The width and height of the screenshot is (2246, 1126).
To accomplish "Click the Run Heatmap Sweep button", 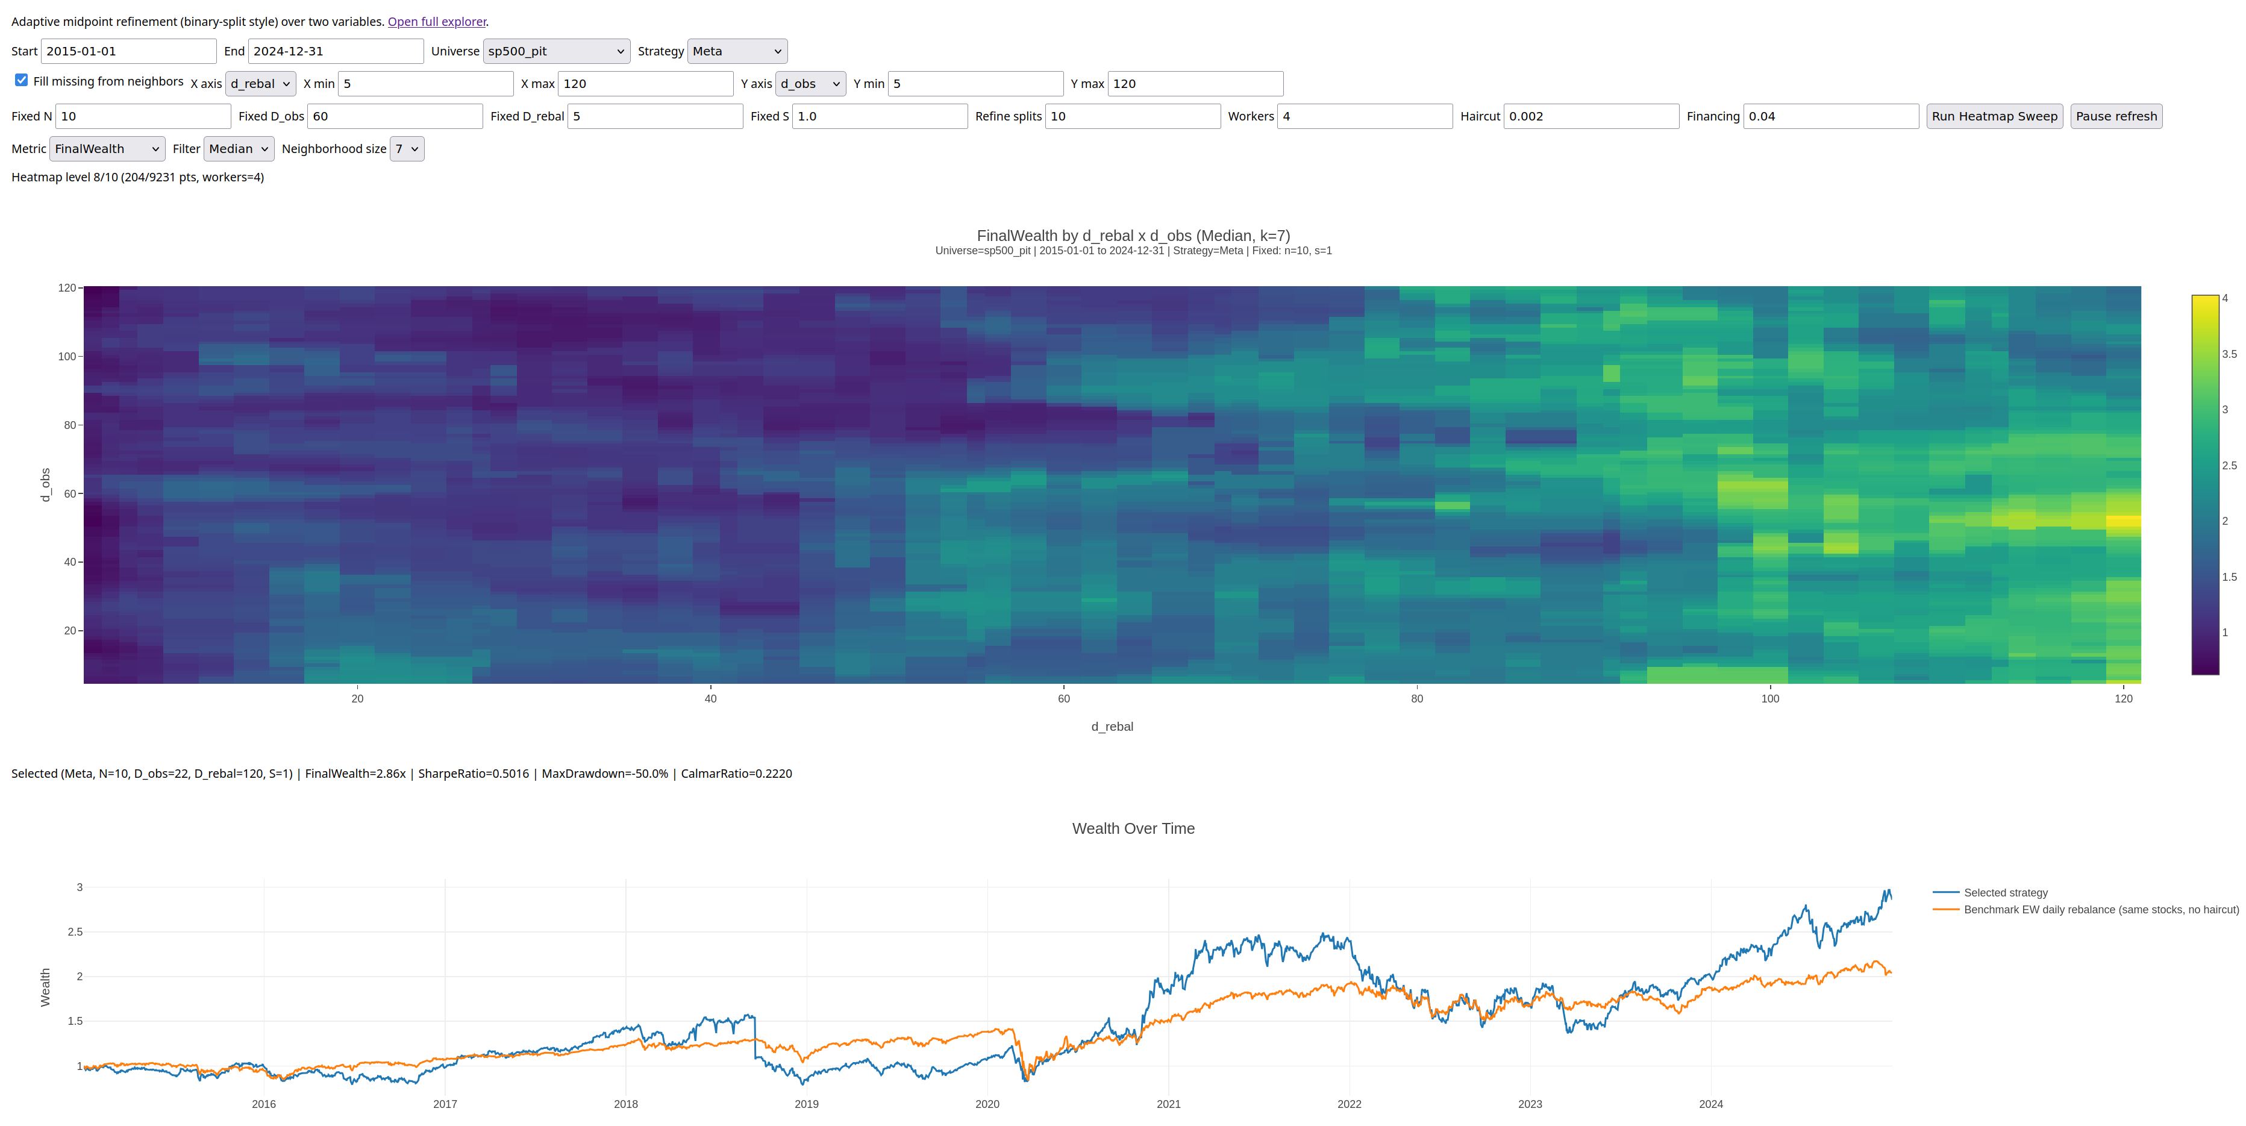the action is (1994, 116).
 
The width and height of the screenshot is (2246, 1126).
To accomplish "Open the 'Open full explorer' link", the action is (437, 22).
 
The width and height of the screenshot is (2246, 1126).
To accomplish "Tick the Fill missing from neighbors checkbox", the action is (22, 80).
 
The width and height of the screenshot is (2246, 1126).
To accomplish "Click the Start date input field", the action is (128, 51).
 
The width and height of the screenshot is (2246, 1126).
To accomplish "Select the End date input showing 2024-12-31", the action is (336, 51).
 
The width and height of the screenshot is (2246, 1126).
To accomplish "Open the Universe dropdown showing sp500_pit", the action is (556, 51).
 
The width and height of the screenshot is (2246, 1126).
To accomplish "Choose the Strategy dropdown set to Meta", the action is (737, 51).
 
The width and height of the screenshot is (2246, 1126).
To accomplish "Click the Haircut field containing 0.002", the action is (1591, 116).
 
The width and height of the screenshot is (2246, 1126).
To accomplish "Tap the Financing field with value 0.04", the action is (1831, 116).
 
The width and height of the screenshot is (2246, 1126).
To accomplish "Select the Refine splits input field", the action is (1133, 116).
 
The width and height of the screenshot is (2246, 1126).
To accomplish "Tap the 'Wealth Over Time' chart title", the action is (1133, 828).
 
